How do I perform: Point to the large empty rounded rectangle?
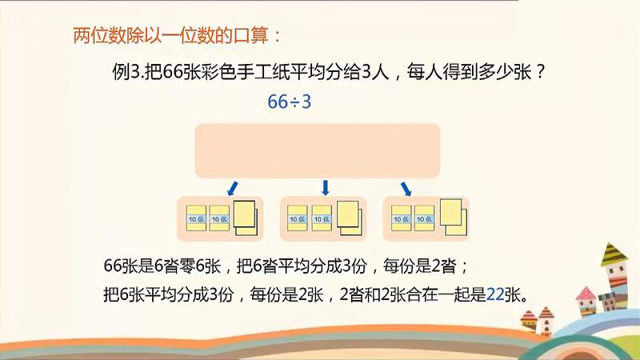tap(318, 150)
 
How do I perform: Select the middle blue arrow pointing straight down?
tap(325, 188)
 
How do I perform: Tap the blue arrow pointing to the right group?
tap(406, 188)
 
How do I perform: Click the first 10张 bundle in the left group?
tap(196, 218)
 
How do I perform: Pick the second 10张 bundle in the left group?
tap(219, 218)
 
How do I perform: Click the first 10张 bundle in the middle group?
tap(298, 218)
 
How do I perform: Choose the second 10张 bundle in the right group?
tap(423, 218)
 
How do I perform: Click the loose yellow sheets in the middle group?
tap(349, 217)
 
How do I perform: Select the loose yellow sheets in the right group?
tap(451, 217)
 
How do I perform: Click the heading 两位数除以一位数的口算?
tap(176, 35)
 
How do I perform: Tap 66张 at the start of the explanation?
tap(121, 265)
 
